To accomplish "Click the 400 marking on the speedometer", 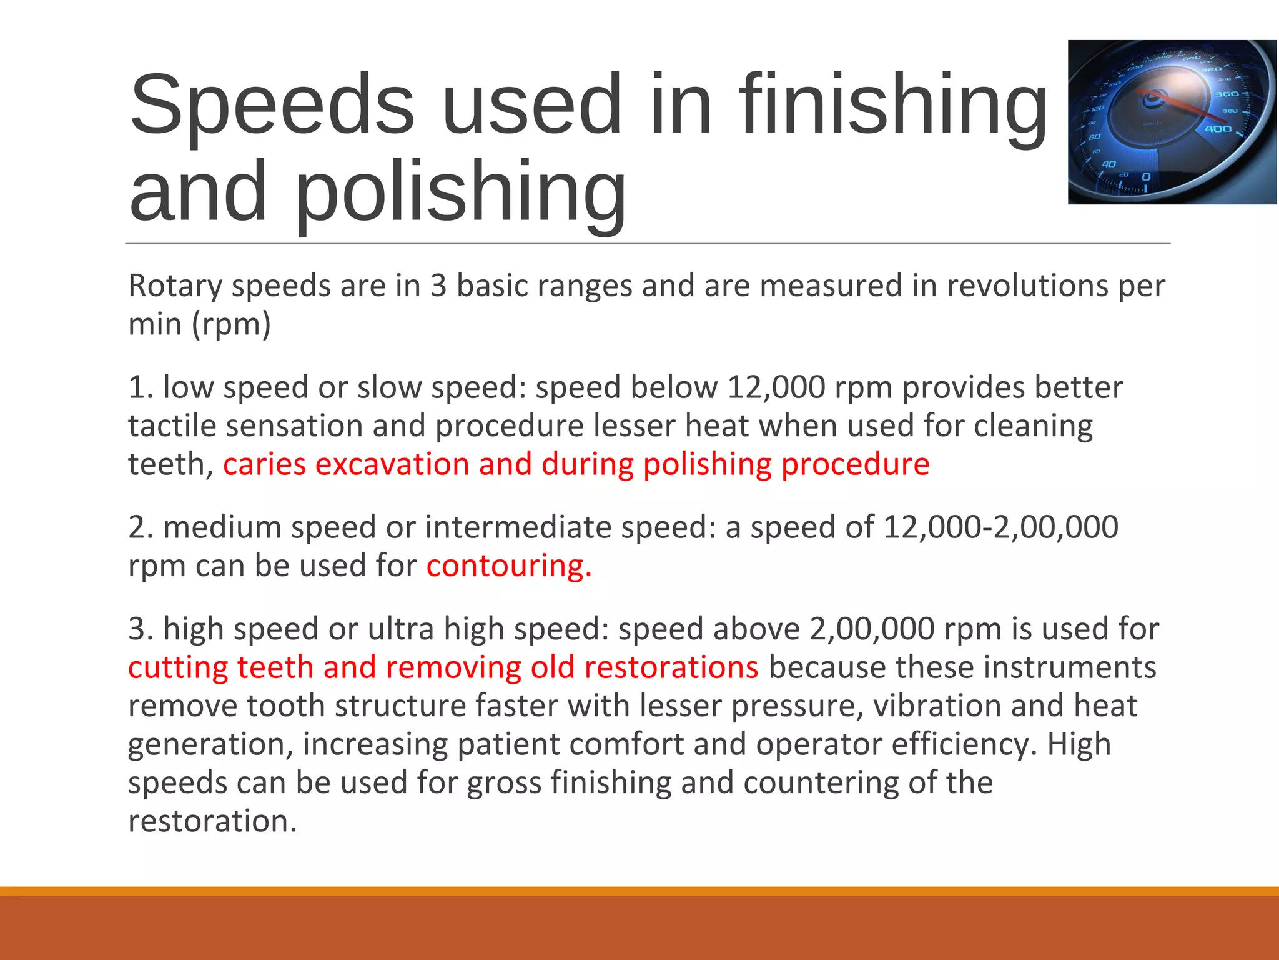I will click(1218, 129).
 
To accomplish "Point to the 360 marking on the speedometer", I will click(1226, 94).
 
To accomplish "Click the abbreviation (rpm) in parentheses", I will click(231, 324).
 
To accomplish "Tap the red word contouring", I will click(508, 566).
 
